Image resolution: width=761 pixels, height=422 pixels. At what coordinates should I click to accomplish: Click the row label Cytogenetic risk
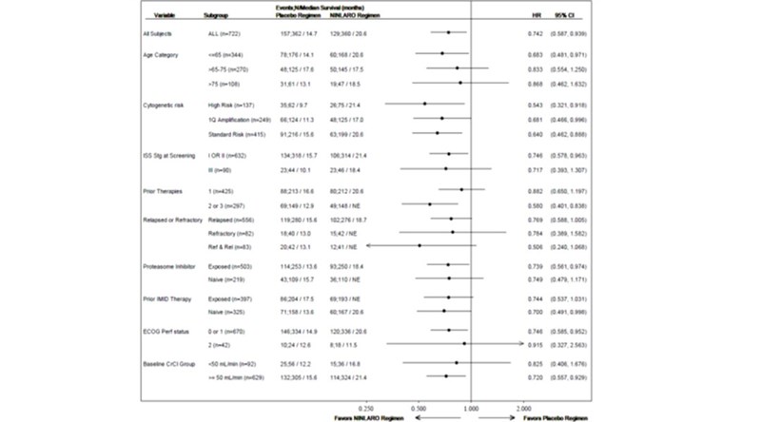click(x=166, y=103)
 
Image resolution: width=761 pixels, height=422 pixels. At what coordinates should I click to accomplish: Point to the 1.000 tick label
click(x=471, y=406)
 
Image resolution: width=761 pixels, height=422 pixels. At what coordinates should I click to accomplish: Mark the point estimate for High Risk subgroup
click(x=424, y=103)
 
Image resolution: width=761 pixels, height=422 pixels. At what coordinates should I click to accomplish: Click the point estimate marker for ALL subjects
click(x=448, y=32)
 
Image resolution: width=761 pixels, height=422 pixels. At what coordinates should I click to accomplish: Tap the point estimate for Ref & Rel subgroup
click(x=420, y=245)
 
